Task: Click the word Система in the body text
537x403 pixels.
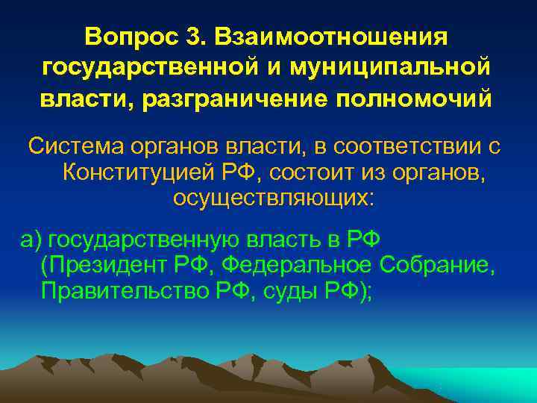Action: [x=74, y=146]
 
